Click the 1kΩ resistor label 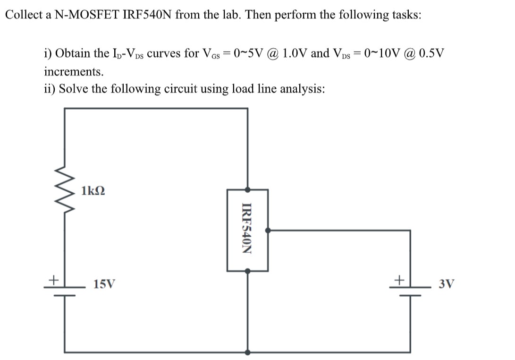coord(93,191)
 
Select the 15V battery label coord(104,284)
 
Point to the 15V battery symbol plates coord(65,291)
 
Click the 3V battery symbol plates coord(409,291)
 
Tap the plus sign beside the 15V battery coord(55,280)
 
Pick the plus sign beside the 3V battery coord(399,280)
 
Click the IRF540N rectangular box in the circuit coord(248,230)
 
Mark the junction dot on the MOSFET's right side coord(268,231)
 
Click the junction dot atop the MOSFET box coord(248,189)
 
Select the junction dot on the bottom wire coord(248,352)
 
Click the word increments coord(73,72)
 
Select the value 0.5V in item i coord(431,53)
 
